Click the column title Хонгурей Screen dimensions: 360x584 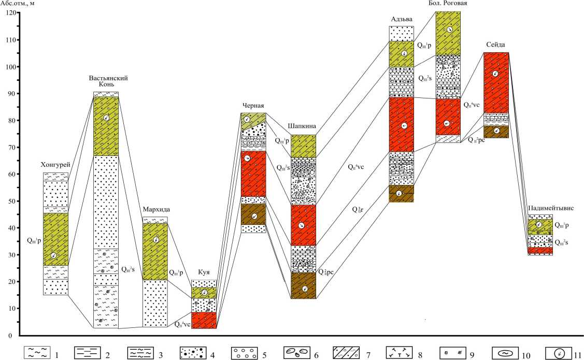55,165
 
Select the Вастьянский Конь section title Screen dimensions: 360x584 108,82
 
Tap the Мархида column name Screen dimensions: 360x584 155,209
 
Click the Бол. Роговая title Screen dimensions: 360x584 448,4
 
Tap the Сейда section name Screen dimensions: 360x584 496,45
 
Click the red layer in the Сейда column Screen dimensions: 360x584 496,83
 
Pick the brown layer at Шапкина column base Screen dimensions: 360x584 304,286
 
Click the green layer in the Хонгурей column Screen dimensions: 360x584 55,239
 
